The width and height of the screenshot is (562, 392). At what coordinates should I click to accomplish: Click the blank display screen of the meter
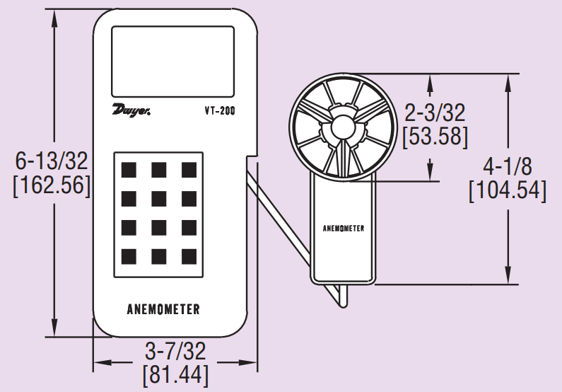(x=173, y=62)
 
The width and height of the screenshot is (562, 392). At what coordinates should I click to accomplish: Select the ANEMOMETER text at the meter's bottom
(x=163, y=309)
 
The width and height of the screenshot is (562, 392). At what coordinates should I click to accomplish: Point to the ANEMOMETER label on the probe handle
(x=344, y=229)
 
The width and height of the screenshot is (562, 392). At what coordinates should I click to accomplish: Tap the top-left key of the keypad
(x=129, y=170)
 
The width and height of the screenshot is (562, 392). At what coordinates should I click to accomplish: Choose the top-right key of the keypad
(x=189, y=170)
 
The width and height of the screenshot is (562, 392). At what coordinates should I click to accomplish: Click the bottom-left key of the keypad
(x=129, y=255)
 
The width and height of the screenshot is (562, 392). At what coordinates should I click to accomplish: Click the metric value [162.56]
(x=52, y=185)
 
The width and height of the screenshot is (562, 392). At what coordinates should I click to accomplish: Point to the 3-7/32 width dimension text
(x=175, y=350)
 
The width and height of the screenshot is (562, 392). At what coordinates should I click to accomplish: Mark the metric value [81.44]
(x=175, y=374)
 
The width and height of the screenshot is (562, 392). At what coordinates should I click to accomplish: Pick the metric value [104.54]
(x=507, y=191)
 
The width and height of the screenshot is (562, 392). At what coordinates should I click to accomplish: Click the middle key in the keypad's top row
(x=159, y=170)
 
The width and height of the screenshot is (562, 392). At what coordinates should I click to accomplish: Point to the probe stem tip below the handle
(x=342, y=300)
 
